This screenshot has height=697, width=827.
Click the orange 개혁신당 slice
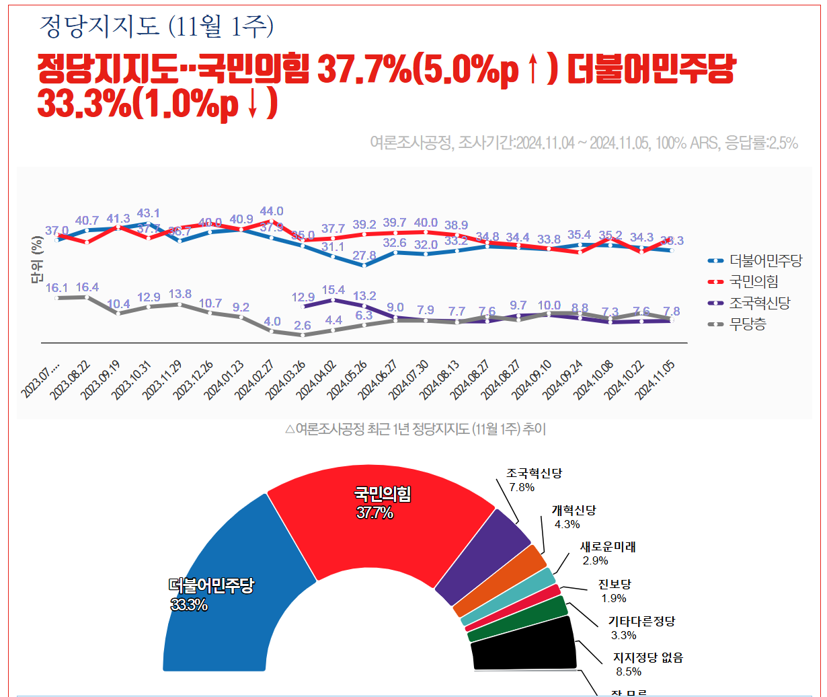(501, 582)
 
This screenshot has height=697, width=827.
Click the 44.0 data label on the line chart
(272, 211)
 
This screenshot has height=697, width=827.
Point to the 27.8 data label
(364, 255)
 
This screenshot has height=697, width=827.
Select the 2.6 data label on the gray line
(303, 326)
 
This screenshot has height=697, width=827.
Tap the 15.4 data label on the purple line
(333, 290)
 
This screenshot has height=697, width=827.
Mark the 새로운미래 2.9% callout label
(606, 553)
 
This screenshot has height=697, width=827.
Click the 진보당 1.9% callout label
(614, 591)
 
